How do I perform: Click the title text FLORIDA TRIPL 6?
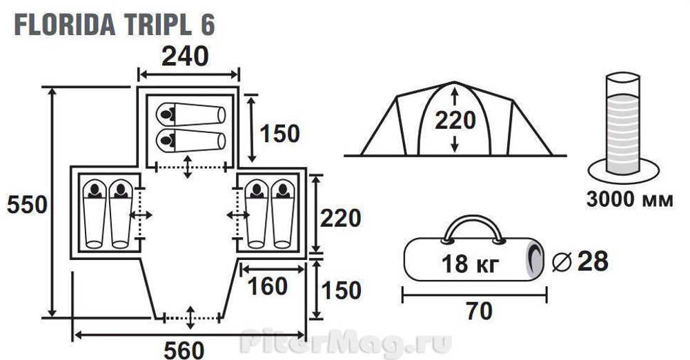115,25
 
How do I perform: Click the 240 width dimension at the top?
185,57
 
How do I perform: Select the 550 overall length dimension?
27,205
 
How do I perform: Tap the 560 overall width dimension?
184,350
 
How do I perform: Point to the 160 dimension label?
268,286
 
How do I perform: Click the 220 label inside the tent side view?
455,120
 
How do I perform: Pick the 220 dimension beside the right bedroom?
341,218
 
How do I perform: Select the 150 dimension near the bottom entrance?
342,290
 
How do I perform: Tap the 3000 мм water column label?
630,199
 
